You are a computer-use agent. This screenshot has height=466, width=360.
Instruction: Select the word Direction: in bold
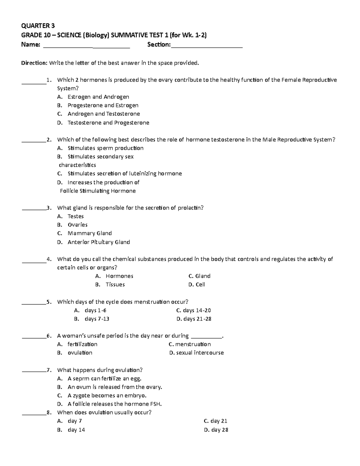click(34, 63)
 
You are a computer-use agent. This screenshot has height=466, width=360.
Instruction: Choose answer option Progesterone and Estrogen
click(103, 105)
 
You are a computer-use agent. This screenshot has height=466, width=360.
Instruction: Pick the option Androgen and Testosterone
click(104, 114)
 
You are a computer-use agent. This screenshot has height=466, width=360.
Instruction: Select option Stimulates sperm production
click(105, 148)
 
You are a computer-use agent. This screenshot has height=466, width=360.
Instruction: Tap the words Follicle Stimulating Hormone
click(98, 191)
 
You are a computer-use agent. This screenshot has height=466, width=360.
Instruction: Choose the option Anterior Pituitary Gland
click(99, 242)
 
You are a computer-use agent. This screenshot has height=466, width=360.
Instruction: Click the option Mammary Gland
click(90, 233)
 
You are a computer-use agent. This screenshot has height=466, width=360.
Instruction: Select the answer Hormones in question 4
click(119, 276)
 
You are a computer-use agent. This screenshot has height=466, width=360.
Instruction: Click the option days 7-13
click(97, 319)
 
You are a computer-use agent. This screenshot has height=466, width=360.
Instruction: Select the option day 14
click(76, 430)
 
